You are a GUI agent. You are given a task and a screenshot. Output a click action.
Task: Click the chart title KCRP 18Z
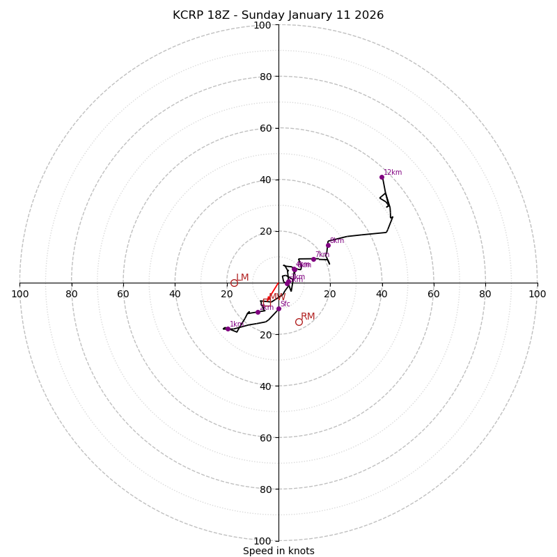coord(278,15)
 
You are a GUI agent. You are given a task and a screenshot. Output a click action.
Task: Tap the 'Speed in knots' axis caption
coord(278,551)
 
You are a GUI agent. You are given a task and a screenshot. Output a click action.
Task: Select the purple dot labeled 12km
coord(382,177)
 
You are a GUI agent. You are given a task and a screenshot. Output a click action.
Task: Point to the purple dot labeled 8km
coord(328,245)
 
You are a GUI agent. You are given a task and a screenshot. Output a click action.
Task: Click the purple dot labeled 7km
coord(313,259)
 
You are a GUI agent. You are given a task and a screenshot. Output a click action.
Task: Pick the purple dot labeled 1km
coord(228,329)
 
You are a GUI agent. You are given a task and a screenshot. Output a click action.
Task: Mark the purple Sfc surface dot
coord(278,308)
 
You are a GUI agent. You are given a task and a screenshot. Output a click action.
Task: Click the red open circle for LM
coord(234,283)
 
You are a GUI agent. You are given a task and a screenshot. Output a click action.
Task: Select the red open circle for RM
coord(299,322)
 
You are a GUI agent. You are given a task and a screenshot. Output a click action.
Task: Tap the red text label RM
coord(308,317)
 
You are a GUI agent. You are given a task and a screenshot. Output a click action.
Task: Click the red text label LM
coord(242,278)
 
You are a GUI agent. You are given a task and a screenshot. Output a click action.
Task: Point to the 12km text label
coord(393,173)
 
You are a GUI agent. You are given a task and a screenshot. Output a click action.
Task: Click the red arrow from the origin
coord(272,293)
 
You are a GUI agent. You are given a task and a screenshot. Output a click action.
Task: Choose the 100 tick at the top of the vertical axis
coord(262,25)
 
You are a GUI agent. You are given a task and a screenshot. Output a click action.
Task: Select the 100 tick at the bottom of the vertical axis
coord(262,540)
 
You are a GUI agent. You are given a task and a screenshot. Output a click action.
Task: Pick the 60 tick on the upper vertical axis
coord(265,128)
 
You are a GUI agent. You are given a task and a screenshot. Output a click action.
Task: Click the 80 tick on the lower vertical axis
coord(265,489)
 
